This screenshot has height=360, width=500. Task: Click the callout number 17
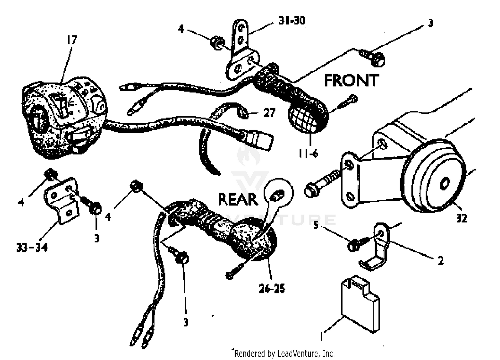(x=72, y=40)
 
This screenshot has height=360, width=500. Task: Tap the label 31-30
(x=292, y=21)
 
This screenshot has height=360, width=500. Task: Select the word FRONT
(x=351, y=81)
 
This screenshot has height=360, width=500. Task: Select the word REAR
(x=238, y=199)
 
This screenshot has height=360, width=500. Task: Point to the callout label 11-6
(x=308, y=153)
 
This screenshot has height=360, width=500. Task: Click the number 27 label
(x=269, y=113)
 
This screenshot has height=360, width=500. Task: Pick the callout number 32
(x=461, y=218)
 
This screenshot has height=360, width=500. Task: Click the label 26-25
(x=272, y=288)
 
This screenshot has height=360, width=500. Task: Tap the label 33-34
(x=32, y=247)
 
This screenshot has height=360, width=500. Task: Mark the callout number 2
(x=441, y=260)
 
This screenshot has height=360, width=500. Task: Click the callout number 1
(x=322, y=337)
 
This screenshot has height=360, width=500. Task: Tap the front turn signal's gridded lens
(x=303, y=117)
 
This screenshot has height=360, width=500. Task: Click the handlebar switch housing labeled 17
(x=63, y=117)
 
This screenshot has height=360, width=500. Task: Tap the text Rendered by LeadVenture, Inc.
(x=284, y=353)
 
